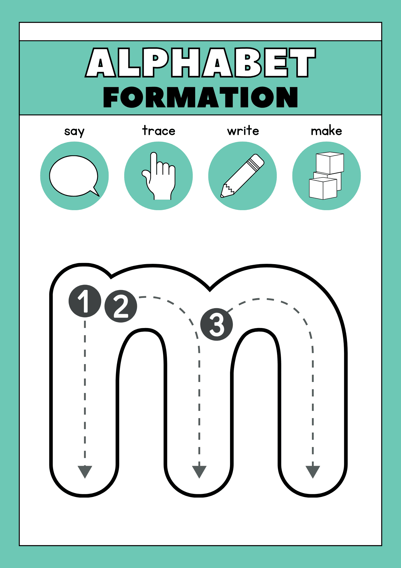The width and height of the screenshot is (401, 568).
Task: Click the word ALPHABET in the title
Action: (x=201, y=62)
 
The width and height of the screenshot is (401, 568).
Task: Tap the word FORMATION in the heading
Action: (x=201, y=97)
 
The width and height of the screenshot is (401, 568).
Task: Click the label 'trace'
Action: (x=159, y=131)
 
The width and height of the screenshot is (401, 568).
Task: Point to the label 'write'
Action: (x=243, y=131)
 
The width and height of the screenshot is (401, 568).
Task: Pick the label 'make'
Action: (x=326, y=131)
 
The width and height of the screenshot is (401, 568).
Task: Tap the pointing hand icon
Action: (x=159, y=176)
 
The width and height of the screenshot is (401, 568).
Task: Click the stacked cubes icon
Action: (x=326, y=176)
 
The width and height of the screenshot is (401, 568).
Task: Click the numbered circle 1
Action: (x=85, y=301)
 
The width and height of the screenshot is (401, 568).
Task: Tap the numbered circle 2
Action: (x=121, y=306)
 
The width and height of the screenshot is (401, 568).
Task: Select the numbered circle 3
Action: (x=217, y=324)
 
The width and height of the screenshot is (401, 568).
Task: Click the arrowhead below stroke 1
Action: (x=85, y=472)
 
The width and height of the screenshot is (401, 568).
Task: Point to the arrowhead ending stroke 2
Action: (x=199, y=472)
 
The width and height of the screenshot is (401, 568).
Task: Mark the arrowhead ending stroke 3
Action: (x=313, y=472)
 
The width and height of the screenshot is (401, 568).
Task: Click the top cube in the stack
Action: (x=330, y=163)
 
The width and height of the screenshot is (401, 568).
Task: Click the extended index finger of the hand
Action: (x=154, y=166)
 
